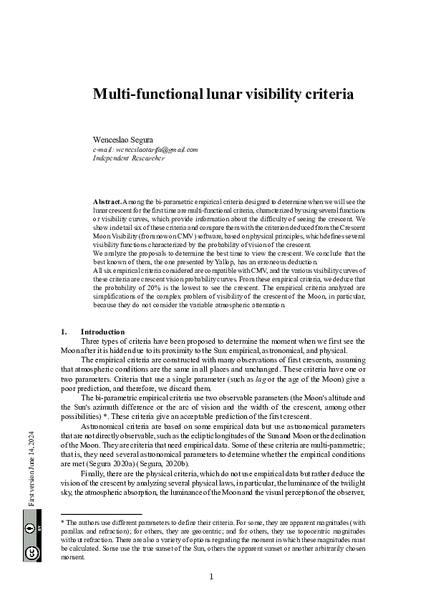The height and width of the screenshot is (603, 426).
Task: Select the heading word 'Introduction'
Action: click(102, 332)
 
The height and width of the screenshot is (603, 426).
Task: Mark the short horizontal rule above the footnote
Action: click(101, 514)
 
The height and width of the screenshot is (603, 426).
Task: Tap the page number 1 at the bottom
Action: click(212, 577)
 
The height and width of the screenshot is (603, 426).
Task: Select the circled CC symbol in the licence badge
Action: click(32, 552)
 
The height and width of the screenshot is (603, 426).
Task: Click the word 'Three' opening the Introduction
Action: click(93, 341)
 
